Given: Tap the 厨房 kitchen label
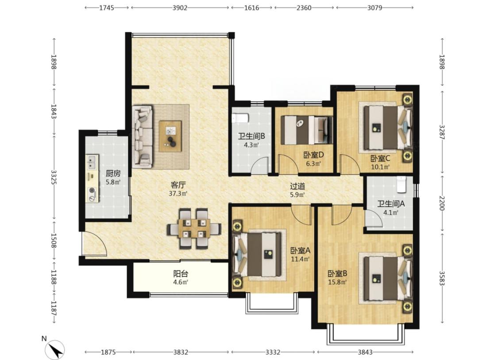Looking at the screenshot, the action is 113,174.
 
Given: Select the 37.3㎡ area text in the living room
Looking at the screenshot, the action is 178,194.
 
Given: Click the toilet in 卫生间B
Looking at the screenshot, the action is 239,119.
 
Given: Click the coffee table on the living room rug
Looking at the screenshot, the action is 170,136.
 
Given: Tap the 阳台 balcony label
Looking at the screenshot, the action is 181,274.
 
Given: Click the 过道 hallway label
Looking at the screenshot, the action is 297,186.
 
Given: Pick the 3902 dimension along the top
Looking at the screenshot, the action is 180,8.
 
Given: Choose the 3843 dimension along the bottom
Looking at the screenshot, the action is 365,352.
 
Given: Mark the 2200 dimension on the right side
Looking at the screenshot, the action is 442,203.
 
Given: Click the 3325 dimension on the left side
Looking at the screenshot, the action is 54,178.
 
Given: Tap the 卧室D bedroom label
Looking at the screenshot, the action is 313,155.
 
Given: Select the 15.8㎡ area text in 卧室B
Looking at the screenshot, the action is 337,282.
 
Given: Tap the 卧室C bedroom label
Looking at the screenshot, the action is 380,158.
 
